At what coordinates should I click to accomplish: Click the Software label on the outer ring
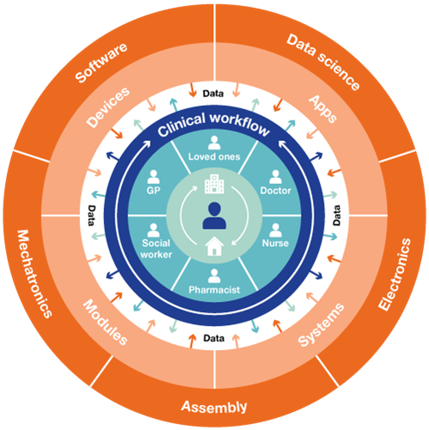click(x=101, y=63)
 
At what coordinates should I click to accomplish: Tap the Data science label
click(x=323, y=62)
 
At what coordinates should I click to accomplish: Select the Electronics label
click(x=395, y=274)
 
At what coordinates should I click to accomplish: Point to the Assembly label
click(x=214, y=407)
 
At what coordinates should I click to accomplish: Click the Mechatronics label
click(x=34, y=273)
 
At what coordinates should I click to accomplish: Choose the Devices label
click(x=108, y=107)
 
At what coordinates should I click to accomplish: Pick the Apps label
click(x=322, y=109)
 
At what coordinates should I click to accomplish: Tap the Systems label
click(x=321, y=325)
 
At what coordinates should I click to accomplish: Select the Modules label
click(x=105, y=322)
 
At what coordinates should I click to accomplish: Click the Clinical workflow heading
click(x=214, y=125)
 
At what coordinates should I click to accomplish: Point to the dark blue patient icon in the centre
click(x=214, y=216)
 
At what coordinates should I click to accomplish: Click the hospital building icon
click(x=214, y=184)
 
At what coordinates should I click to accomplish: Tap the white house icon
click(x=214, y=246)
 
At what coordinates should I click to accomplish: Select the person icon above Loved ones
click(x=214, y=143)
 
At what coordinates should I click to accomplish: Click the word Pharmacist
click(x=214, y=290)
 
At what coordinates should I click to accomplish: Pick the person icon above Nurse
click(x=275, y=230)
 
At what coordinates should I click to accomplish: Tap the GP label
click(x=153, y=190)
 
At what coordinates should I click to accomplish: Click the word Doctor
click(x=275, y=190)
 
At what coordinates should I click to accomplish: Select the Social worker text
click(x=156, y=249)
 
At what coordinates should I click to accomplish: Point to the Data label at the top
click(x=213, y=94)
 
